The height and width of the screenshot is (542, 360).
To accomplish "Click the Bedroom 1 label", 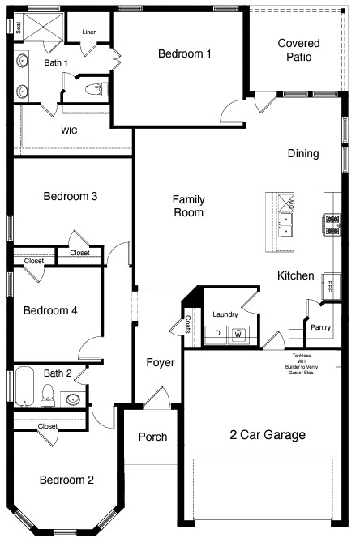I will tap(184, 53).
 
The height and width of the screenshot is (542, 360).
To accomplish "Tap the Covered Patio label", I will tap(298, 51).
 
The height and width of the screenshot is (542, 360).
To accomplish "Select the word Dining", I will tap(303, 153).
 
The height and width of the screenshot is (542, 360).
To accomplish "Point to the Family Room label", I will tap(188, 206).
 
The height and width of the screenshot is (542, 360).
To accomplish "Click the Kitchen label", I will tap(295, 275).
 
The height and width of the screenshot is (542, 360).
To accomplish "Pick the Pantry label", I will tap(320, 326).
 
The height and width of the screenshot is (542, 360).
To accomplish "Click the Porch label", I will tap(152, 437).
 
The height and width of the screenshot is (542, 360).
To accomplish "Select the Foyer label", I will tap(161, 362).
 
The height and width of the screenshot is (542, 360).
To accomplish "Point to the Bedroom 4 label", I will tap(50, 310).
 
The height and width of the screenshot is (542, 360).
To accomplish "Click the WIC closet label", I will tap(70, 130).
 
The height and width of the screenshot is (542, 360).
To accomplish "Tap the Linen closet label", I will tap(89, 32).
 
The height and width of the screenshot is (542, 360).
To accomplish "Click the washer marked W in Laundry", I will tap(238, 332).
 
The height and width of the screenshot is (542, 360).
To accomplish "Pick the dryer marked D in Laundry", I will tap(218, 332).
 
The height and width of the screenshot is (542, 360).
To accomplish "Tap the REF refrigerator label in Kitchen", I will tap(329, 284).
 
